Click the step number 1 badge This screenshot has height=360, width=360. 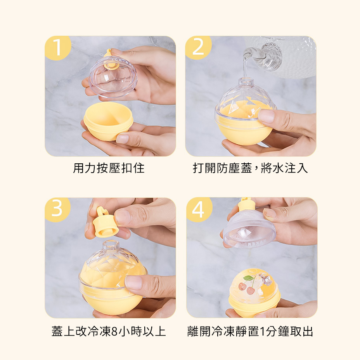click(57, 48)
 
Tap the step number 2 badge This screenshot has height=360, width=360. click(198, 47)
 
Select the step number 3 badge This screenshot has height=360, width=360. click(57, 209)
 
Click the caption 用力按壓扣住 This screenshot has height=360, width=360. click(109, 168)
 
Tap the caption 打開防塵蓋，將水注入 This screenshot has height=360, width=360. click(250, 168)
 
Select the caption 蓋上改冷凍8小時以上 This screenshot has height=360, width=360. click(109, 331)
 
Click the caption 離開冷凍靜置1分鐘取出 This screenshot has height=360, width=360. click(250, 331)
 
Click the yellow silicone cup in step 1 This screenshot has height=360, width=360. click(108, 121)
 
